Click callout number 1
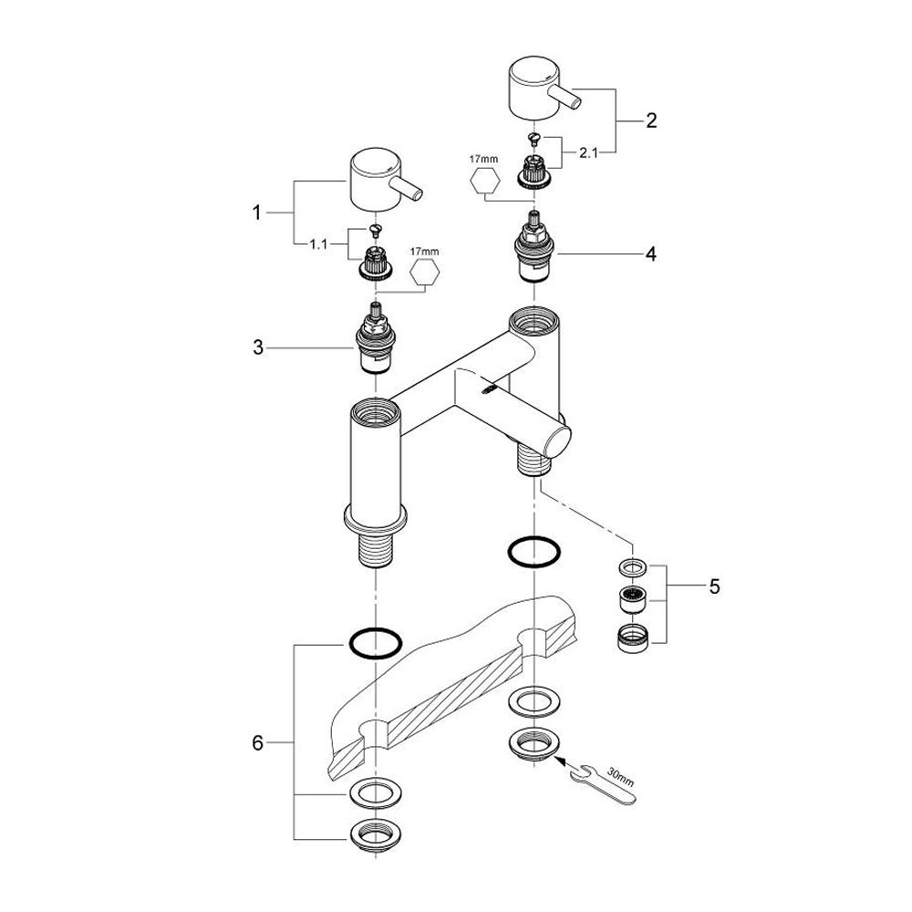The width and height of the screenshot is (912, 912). [x=256, y=212]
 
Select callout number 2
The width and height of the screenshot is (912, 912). [x=651, y=120]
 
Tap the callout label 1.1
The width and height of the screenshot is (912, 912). [x=318, y=244]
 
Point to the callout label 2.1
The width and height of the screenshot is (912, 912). [x=588, y=153]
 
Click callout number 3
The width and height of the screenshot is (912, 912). [x=258, y=347]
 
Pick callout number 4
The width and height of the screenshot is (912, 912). [x=651, y=254]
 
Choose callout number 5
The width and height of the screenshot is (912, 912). [x=714, y=586]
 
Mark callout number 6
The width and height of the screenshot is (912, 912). [x=258, y=742]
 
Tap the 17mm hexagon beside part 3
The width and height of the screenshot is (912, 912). [x=424, y=272]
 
